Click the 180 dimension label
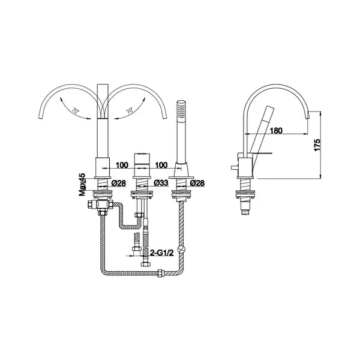276,131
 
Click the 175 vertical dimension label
317,145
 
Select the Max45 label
82,185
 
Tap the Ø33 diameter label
161,183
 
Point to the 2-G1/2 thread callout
161,253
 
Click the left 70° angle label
75,111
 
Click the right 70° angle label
130,110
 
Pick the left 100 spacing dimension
122,165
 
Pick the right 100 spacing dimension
161,165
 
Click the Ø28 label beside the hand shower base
197,183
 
